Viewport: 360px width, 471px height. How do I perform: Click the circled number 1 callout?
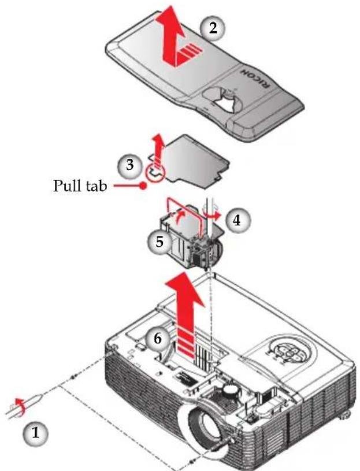(x=35, y=433)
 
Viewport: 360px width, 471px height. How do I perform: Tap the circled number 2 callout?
(x=213, y=28)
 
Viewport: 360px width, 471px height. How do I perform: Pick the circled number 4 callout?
(x=237, y=221)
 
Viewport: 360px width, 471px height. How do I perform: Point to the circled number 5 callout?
(x=159, y=242)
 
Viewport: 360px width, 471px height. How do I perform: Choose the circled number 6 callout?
(x=157, y=339)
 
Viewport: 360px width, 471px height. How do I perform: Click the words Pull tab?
(x=80, y=186)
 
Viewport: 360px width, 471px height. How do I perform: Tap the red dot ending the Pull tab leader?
(x=144, y=186)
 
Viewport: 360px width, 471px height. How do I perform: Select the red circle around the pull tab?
(x=154, y=173)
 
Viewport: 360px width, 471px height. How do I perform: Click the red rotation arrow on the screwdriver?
(x=20, y=406)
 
